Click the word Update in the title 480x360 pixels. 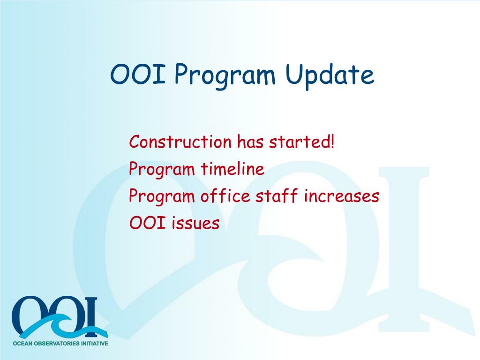coord(330,75)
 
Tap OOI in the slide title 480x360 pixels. coord(138,74)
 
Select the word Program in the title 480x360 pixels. coord(225,76)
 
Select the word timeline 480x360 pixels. coord(232,168)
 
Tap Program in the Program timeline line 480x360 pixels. coord(162,169)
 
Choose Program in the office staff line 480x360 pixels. coord(162,196)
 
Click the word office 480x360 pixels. coord(225,195)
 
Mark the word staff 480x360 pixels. coord(277,195)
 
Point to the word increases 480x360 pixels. coord(341,196)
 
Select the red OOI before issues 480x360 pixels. coord(148,223)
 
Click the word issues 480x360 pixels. coord(195,223)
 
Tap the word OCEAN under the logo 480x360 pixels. coord(22,344)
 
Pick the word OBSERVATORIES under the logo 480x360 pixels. coord(57,344)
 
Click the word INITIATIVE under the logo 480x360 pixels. coord(95,344)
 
